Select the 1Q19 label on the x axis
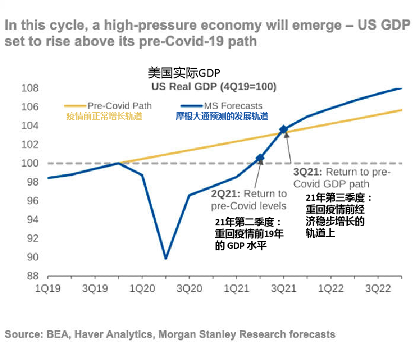pyautogui.click(x=47, y=288)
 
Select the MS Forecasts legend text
pyautogui.click(x=234, y=106)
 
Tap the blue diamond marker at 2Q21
pyautogui.click(x=260, y=158)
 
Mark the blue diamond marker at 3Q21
pyautogui.click(x=284, y=129)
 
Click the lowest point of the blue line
pyautogui.click(x=166, y=258)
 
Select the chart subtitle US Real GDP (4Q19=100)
pyautogui.click(x=214, y=87)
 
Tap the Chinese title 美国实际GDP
pyautogui.click(x=182, y=73)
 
